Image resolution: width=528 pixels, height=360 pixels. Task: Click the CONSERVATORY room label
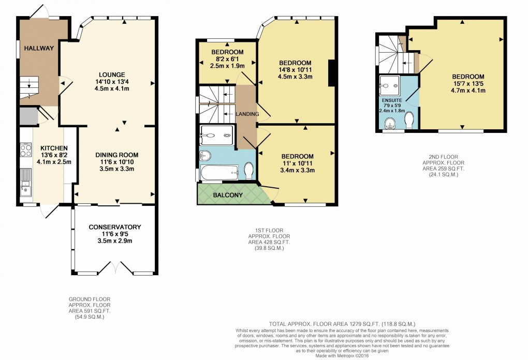[x=114, y=227]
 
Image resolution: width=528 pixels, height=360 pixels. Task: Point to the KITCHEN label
[x=46, y=147]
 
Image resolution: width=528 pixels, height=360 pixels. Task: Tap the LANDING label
[x=246, y=114]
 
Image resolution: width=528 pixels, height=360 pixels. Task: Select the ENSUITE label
[x=392, y=100]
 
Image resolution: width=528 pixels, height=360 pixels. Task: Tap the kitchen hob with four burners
[x=25, y=150]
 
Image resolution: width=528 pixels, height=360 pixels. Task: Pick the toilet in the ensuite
[x=409, y=120]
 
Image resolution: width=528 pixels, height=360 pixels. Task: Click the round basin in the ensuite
[x=389, y=122]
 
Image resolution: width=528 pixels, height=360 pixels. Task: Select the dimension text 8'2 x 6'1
[x=227, y=59]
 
